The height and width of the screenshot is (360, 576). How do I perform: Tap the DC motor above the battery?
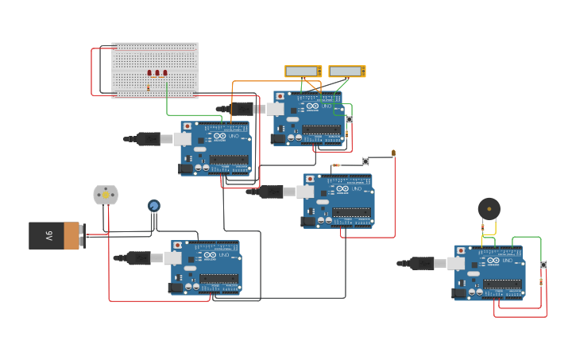(x=106, y=195)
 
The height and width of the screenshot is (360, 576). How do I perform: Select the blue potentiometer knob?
(x=153, y=206)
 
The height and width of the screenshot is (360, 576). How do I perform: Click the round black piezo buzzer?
(x=489, y=210)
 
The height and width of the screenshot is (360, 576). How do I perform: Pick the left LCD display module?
(x=303, y=72)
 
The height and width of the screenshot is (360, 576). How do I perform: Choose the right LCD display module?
(x=347, y=72)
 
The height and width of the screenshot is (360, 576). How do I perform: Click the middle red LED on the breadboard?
(x=157, y=73)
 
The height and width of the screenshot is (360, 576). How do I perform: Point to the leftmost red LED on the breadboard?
(x=149, y=73)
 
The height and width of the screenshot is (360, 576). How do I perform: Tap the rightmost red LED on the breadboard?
(x=165, y=73)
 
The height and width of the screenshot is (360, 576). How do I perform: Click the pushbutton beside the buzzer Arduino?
(x=543, y=265)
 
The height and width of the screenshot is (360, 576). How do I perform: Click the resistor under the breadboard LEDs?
(x=148, y=87)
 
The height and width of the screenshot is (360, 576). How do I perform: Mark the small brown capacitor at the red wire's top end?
(x=393, y=152)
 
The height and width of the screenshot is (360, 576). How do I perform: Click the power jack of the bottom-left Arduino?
(x=176, y=288)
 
